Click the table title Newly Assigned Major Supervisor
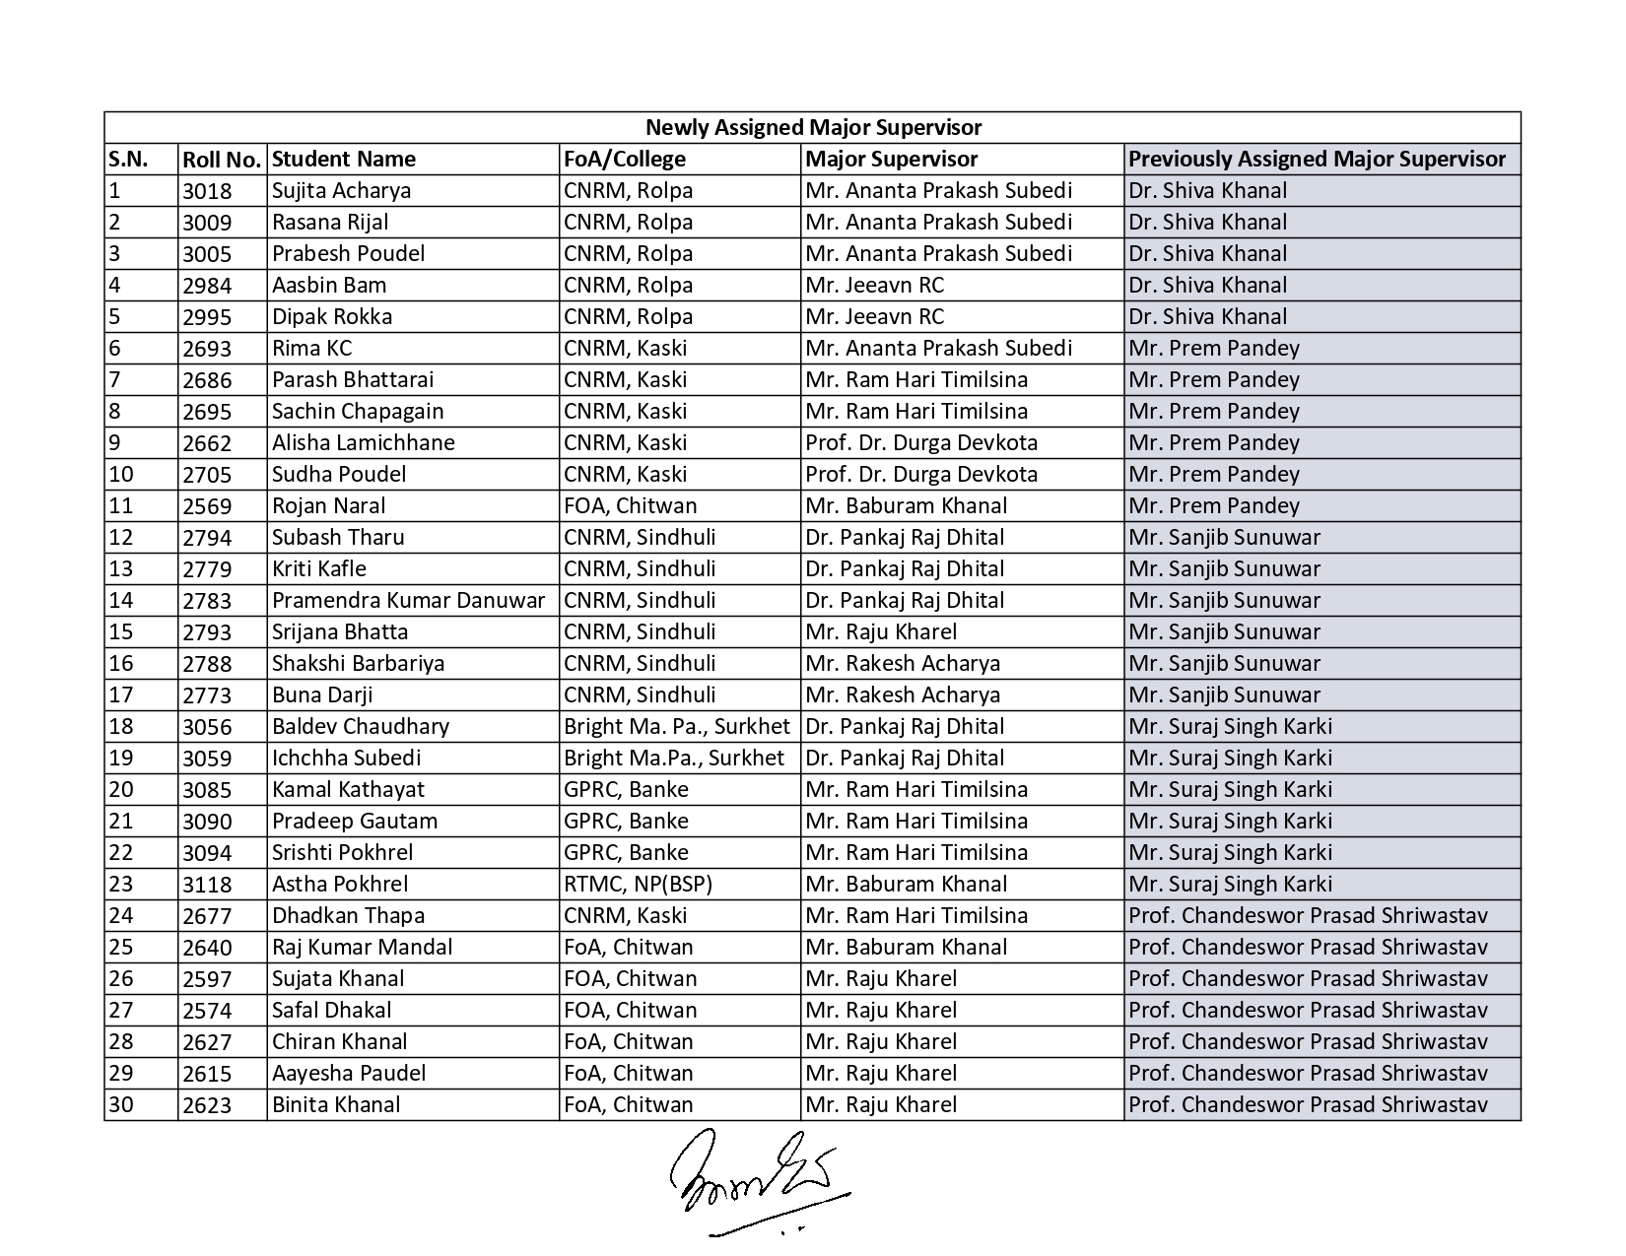pos(813,128)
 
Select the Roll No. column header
pos(222,160)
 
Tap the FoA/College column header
pos(625,160)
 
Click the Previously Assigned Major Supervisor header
pos(1318,160)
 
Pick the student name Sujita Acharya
pos(341,191)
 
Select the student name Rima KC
pos(311,349)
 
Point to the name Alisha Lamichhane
pos(364,443)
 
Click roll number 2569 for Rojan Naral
pos(207,506)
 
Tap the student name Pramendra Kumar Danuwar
pos(408,601)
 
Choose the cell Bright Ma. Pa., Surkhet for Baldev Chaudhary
pos(677,727)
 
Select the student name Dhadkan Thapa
pos(348,916)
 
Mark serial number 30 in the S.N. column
pos(121,1105)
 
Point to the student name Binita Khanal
pos(336,1105)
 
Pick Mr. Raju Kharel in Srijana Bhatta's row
pos(881,632)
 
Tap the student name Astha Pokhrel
pos(340,885)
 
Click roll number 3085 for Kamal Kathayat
pos(207,790)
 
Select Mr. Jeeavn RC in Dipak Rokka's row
pos(874,317)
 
